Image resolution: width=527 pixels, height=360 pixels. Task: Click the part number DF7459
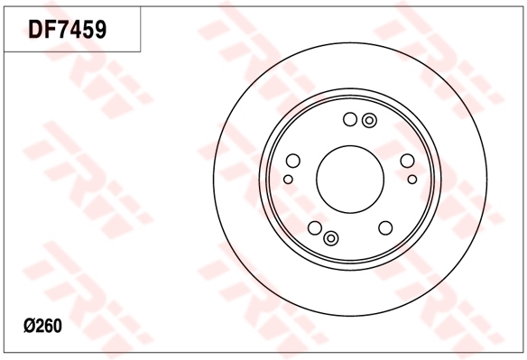tap(68, 30)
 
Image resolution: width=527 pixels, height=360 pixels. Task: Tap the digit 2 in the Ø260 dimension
tap(39, 326)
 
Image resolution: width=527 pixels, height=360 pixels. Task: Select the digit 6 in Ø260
tap(48, 326)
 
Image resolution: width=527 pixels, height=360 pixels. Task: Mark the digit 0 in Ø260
tap(57, 326)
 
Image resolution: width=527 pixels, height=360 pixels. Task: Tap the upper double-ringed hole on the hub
tap(368, 120)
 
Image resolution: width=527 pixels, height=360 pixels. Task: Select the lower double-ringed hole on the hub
tap(330, 237)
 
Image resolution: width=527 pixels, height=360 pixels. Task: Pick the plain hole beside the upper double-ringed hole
tap(350, 119)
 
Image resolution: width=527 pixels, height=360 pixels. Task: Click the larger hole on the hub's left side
tap(292, 162)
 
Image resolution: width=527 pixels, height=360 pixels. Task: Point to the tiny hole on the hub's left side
tap(288, 180)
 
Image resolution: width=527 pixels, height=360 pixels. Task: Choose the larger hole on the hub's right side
tap(407, 162)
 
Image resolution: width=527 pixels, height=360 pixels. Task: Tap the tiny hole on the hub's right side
tap(411, 180)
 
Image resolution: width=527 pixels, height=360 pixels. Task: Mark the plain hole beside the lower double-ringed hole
tap(314, 228)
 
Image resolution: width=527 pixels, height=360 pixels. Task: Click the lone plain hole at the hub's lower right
tap(385, 228)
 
